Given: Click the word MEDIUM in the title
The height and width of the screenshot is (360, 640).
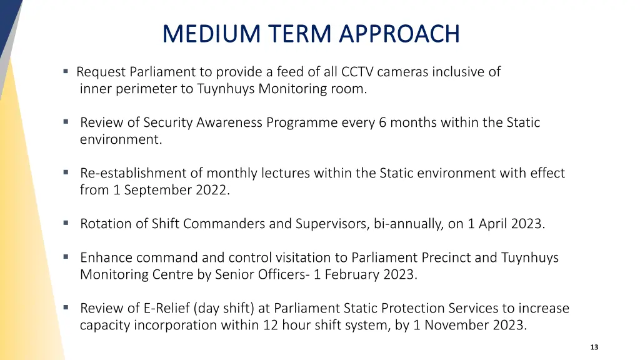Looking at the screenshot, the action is point(211,34).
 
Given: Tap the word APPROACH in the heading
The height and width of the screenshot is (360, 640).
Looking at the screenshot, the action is point(399,34).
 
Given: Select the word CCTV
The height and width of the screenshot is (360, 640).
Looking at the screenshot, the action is point(357,72).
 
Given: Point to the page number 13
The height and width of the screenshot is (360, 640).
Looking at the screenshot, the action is point(594,347).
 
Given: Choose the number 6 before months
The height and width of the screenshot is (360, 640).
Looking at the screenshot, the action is point(382,122).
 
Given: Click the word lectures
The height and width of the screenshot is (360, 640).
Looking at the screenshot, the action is point(286,173).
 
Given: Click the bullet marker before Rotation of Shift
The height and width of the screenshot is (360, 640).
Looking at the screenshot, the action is point(66,223).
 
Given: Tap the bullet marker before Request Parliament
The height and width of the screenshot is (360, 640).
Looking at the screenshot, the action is point(66,71).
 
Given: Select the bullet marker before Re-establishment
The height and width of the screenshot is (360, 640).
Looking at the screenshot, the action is point(66,172).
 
